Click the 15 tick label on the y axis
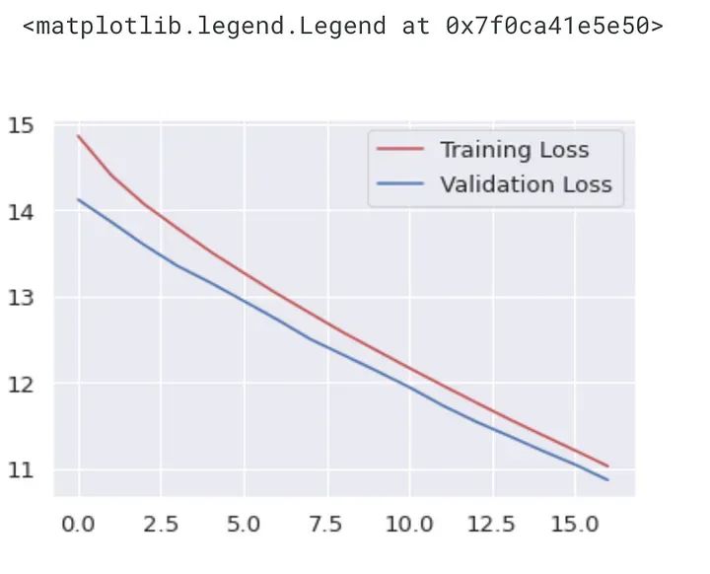click(x=21, y=125)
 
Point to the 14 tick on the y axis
click(x=21, y=211)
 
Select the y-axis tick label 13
click(x=21, y=298)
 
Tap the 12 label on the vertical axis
click(x=21, y=384)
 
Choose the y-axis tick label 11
click(x=21, y=470)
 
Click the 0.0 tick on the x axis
click(x=78, y=524)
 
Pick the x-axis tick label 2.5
click(x=161, y=524)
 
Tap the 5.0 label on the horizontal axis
click(x=244, y=524)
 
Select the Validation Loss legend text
click(x=526, y=184)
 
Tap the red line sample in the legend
click(x=400, y=150)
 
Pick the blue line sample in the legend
click(x=400, y=184)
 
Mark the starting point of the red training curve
click(x=78, y=136)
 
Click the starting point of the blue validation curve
click(x=78, y=199)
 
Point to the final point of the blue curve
click(x=608, y=479)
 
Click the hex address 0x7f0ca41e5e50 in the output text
click(x=554, y=27)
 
